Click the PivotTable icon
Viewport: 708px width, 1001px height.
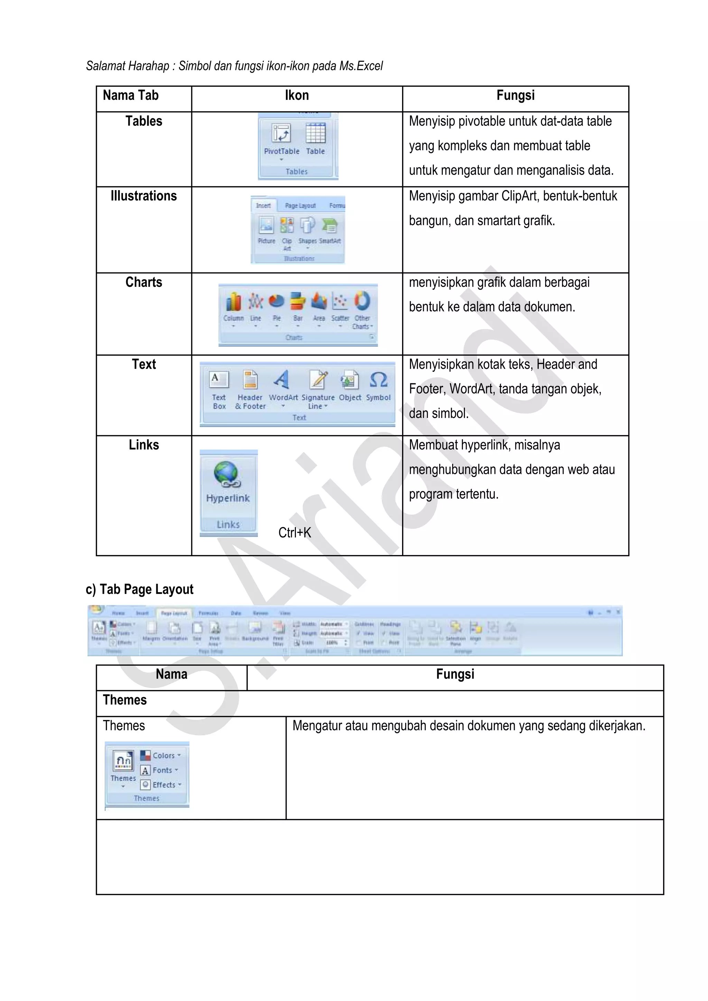pyautogui.click(x=281, y=133)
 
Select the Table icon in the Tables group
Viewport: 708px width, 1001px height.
pyautogui.click(x=316, y=133)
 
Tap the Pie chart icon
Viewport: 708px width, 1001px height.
pyautogui.click(x=277, y=301)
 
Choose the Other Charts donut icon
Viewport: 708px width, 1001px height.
pyautogui.click(x=362, y=301)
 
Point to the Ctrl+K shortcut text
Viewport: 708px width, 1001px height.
pyautogui.click(x=295, y=533)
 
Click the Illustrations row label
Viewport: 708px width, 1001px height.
pyautogui.click(x=143, y=196)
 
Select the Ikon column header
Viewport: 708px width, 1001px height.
pyautogui.click(x=297, y=95)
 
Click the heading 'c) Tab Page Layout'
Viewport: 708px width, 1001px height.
pyautogui.click(x=140, y=589)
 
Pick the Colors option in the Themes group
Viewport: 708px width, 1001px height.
pyautogui.click(x=160, y=756)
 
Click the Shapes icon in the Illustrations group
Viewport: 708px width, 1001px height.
pyautogui.click(x=307, y=226)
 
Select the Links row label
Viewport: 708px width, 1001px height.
pyautogui.click(x=143, y=445)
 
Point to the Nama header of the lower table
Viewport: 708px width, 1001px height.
pyautogui.click(x=171, y=674)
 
